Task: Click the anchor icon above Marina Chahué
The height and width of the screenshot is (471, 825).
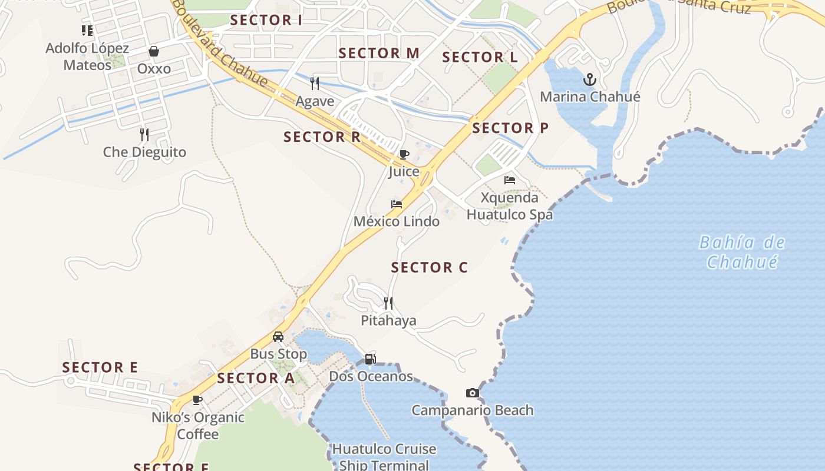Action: pyautogui.click(x=589, y=79)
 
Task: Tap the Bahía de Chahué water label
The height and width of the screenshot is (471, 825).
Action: pyautogui.click(x=742, y=251)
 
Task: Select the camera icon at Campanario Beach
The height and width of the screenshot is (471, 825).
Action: pyautogui.click(x=472, y=393)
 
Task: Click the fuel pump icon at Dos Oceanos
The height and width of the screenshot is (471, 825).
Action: pyautogui.click(x=370, y=359)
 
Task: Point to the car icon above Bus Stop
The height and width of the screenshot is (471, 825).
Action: pyautogui.click(x=278, y=337)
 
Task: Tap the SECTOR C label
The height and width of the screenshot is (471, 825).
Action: pyautogui.click(x=429, y=267)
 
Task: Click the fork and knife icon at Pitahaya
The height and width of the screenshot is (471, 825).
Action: pyautogui.click(x=388, y=303)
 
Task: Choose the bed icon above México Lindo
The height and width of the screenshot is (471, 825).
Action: pyautogui.click(x=397, y=204)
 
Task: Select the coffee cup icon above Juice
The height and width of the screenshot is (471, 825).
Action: pyautogui.click(x=404, y=154)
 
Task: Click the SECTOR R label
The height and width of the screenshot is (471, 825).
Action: pyautogui.click(x=322, y=137)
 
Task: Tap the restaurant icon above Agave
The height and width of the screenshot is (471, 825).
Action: pyautogui.click(x=315, y=84)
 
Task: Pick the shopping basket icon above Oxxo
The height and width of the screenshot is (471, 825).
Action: pyautogui.click(x=154, y=52)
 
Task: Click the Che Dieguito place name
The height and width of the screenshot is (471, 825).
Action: pyautogui.click(x=144, y=152)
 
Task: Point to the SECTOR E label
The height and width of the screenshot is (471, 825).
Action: pyautogui.click(x=100, y=367)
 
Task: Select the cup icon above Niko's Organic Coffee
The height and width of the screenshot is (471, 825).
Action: pyautogui.click(x=197, y=400)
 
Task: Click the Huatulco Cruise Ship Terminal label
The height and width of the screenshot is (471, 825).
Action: pyautogui.click(x=384, y=457)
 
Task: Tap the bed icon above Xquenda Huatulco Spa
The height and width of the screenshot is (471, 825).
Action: pyautogui.click(x=510, y=180)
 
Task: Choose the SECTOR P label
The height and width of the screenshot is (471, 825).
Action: pyautogui.click(x=510, y=128)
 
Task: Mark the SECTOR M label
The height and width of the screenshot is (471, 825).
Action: pyautogui.click(x=379, y=53)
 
